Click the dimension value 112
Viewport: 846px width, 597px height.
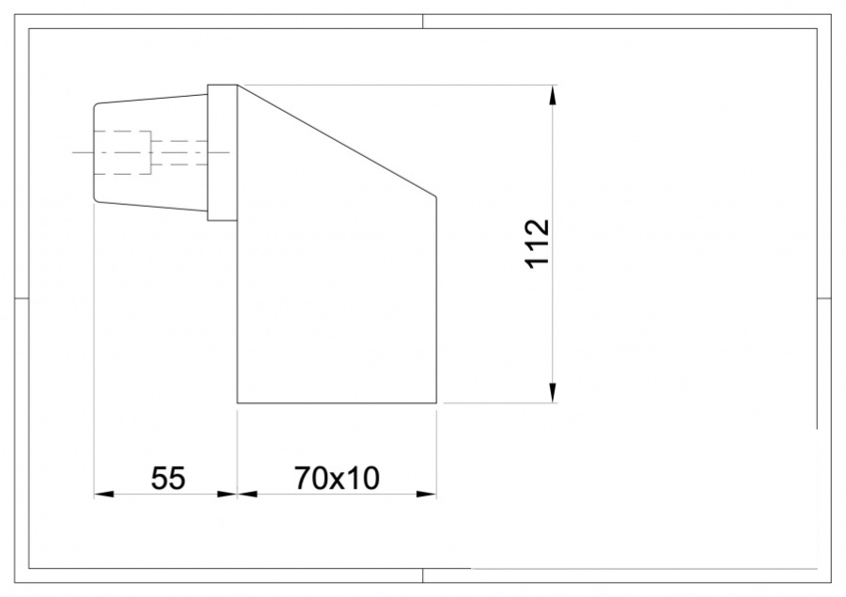click(x=537, y=244)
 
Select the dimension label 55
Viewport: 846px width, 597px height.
click(x=168, y=479)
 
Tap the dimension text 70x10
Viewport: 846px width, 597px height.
click(x=337, y=479)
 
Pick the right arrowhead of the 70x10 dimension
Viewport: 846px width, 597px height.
click(x=429, y=493)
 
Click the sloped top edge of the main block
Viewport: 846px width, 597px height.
click(x=337, y=140)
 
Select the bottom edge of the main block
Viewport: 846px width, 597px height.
click(x=337, y=403)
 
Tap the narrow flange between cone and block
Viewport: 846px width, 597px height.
click(x=222, y=152)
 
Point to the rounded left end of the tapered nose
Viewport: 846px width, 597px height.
click(x=95, y=151)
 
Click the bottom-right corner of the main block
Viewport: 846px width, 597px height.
click(x=436, y=403)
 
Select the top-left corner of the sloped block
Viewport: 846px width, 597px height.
click(x=238, y=86)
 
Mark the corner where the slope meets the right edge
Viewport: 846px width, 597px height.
click(x=436, y=196)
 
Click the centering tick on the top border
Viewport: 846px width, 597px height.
click(x=422, y=22)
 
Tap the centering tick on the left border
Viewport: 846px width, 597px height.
click(x=22, y=298)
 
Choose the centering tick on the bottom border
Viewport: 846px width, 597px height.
click(x=422, y=575)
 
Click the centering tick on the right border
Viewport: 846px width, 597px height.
click(x=823, y=298)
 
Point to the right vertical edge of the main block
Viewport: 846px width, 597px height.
click(x=436, y=301)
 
